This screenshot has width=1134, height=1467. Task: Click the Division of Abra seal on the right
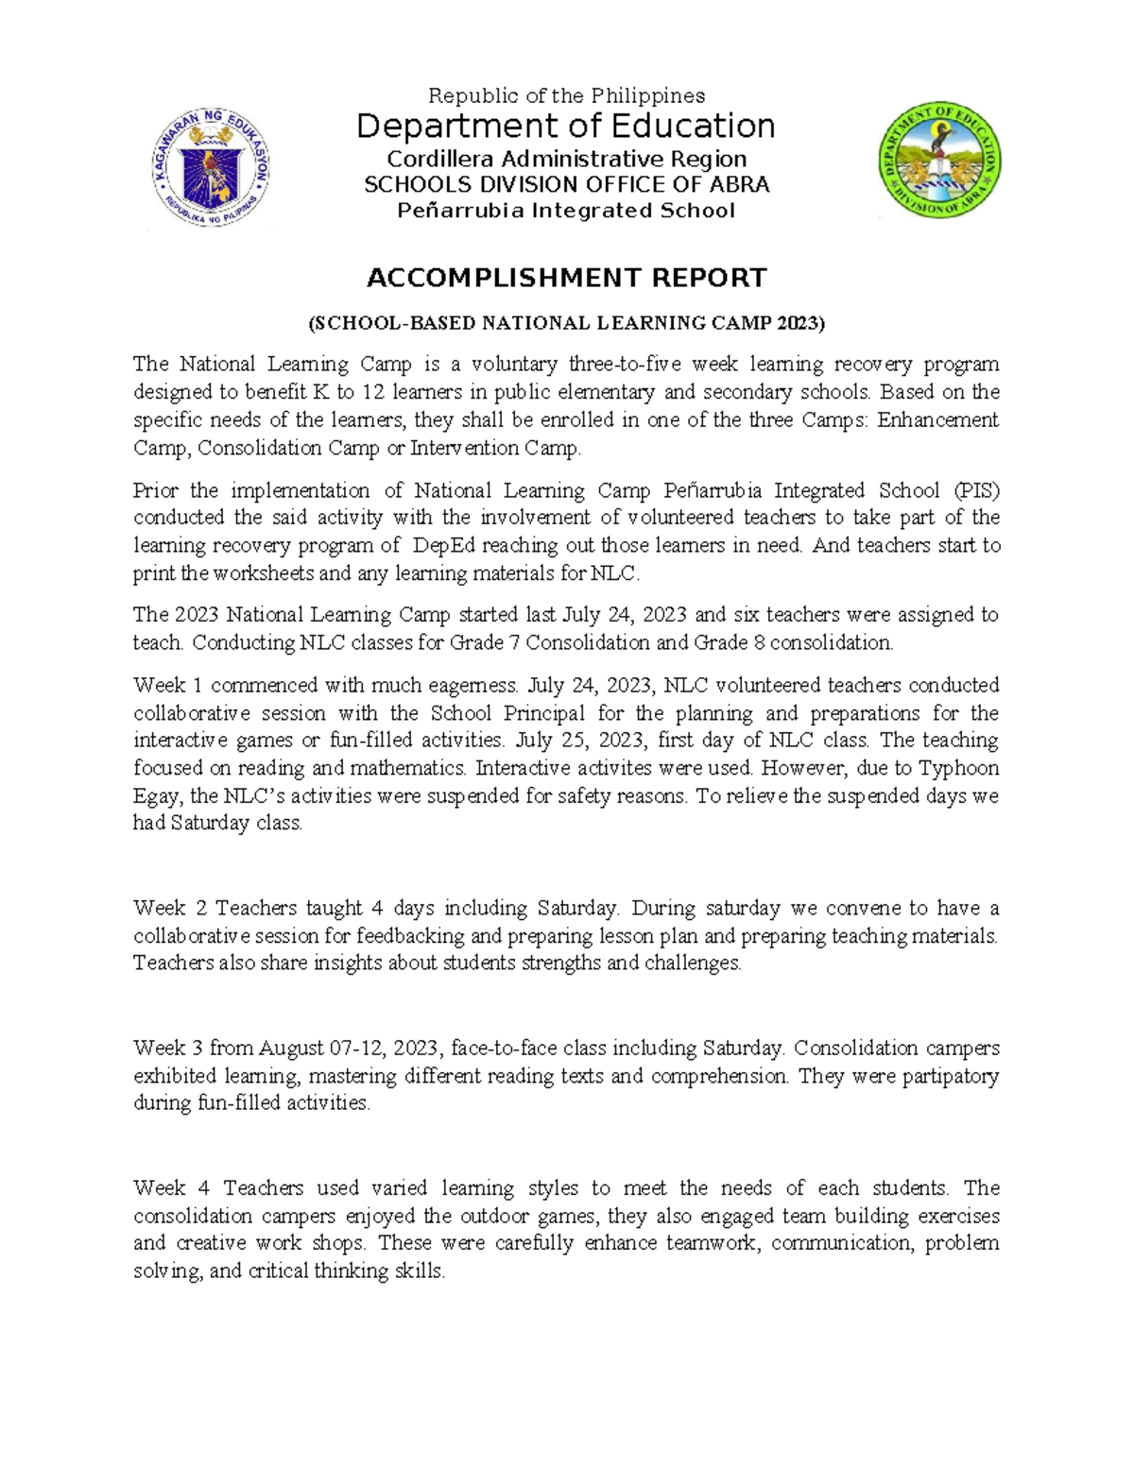point(940,161)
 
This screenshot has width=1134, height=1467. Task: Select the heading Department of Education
point(565,126)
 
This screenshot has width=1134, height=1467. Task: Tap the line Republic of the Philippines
point(566,95)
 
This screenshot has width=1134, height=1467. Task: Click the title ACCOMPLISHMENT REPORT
point(566,278)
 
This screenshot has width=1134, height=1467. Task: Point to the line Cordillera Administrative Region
point(566,159)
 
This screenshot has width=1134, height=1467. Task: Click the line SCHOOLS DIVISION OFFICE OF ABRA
point(566,184)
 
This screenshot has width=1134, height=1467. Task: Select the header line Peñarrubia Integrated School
point(565,211)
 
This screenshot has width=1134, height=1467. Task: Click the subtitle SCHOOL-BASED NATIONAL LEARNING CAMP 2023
point(566,323)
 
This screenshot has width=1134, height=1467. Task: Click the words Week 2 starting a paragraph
point(170,909)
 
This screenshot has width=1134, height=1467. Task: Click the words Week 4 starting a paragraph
point(171,1188)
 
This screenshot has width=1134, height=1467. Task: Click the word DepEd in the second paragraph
point(444,545)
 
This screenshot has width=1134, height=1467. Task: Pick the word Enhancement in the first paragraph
point(937,419)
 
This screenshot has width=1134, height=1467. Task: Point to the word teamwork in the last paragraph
point(717,1243)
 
